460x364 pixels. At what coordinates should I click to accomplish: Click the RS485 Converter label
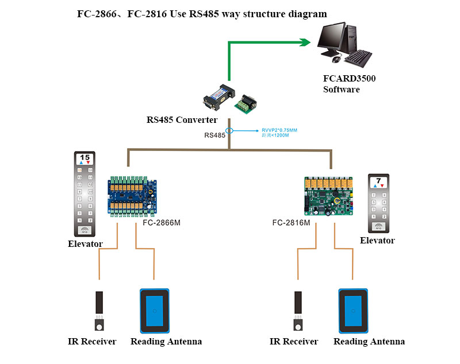click(182, 120)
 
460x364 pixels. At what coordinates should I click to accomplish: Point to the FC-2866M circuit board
click(133, 196)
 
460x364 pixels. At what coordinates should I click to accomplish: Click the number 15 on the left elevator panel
click(85, 157)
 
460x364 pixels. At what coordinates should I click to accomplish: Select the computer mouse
click(336, 59)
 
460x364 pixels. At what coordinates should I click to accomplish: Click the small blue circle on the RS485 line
click(229, 130)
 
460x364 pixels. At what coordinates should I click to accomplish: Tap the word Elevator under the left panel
click(85, 244)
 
